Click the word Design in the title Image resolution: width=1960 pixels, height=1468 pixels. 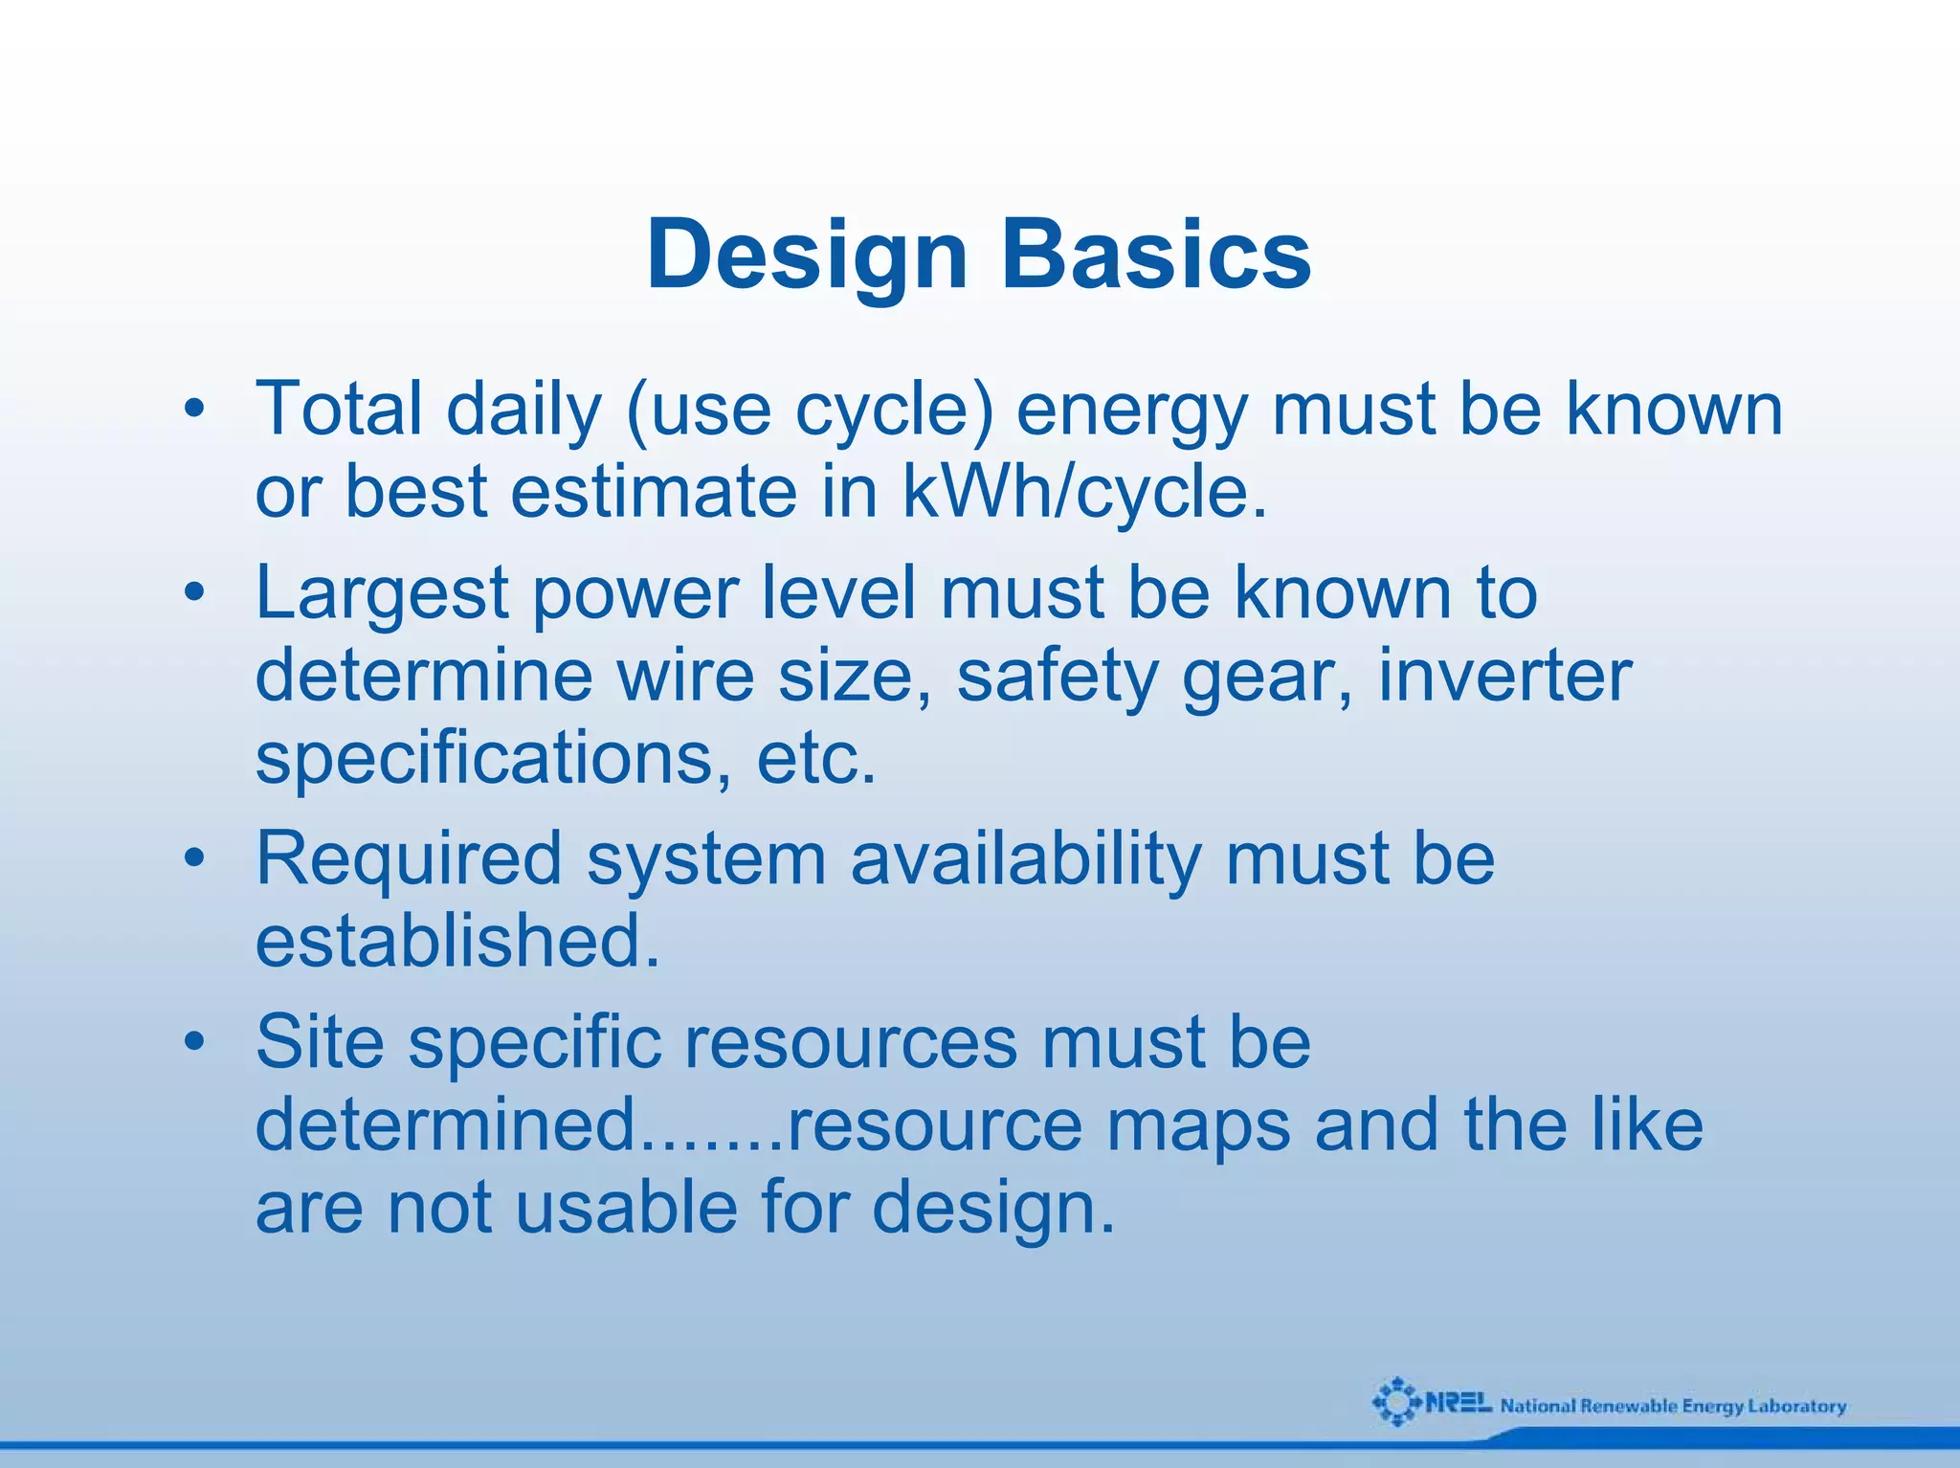point(807,255)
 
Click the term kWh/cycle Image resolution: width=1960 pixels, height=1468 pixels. point(1084,492)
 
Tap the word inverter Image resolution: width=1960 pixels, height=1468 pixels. point(1503,676)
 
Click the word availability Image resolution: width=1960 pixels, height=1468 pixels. point(1025,858)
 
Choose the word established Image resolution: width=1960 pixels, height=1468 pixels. point(457,941)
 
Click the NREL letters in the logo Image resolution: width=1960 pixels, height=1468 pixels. point(1459,1404)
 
